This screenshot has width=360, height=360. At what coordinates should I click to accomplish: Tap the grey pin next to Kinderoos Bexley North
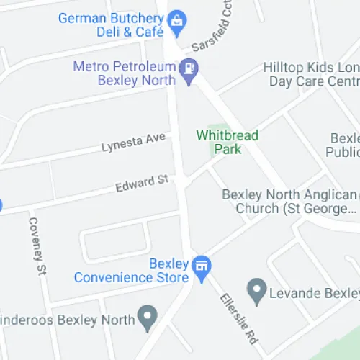click(148, 316)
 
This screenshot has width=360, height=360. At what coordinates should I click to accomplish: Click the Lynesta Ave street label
click(133, 142)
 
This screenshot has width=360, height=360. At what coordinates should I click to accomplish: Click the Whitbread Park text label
click(227, 142)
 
